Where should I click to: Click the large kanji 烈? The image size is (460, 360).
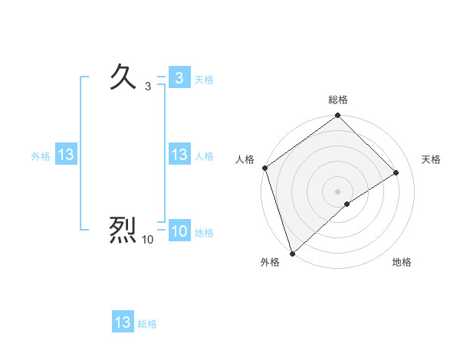[123, 230]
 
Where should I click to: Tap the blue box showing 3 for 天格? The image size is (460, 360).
[179, 78]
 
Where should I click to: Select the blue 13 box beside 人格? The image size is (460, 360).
[179, 155]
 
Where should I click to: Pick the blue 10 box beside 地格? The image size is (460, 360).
[179, 232]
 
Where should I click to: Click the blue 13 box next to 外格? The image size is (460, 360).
[65, 155]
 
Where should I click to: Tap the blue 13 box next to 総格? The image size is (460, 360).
[123, 322]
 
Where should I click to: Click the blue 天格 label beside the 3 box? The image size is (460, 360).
[204, 79]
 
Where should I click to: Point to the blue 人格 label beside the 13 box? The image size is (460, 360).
[204, 155]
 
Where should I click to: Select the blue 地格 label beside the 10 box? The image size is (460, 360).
[204, 233]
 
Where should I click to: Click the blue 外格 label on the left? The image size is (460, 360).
[41, 155]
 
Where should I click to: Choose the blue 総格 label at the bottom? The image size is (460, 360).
[147, 324]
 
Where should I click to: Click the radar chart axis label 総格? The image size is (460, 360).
[338, 100]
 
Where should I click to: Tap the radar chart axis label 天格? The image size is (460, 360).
[431, 159]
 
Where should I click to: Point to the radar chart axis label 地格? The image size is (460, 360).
[402, 262]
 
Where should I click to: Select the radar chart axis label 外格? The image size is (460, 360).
[270, 262]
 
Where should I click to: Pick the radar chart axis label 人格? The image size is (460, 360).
[245, 159]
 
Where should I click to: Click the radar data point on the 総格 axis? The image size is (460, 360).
[338, 116]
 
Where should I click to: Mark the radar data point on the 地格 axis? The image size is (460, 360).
[347, 204]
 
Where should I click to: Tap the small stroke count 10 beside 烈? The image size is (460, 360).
[148, 240]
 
